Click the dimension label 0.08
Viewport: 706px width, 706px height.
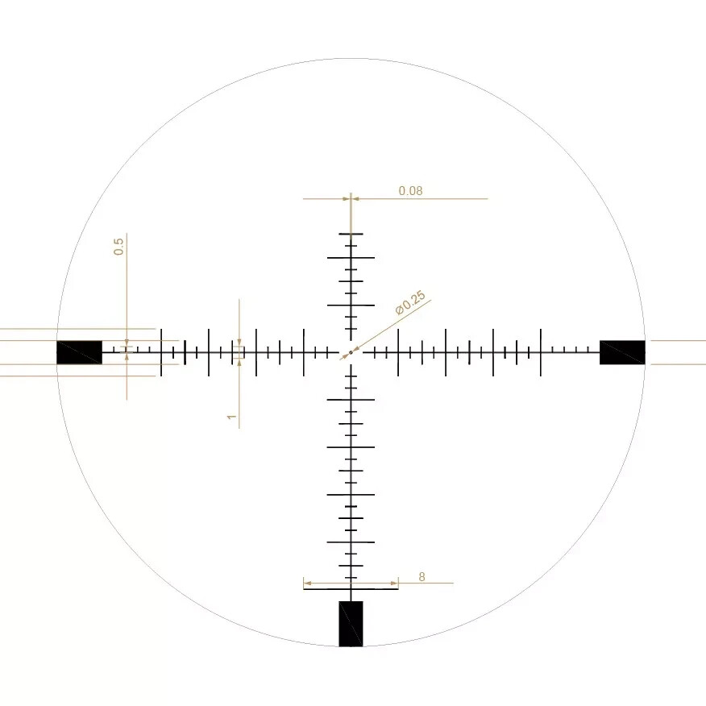[410, 191]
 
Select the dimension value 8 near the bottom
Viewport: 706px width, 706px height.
[422, 576]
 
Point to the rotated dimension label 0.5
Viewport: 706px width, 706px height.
[118, 247]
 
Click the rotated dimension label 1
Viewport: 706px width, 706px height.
[231, 417]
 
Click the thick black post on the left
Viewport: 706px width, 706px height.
[79, 352]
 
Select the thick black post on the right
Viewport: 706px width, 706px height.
[622, 352]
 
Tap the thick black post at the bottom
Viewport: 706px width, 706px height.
[351, 623]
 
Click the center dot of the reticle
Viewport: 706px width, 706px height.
[351, 352]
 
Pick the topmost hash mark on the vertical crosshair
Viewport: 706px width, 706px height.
[351, 234]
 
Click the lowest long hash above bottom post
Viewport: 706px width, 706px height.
[351, 589]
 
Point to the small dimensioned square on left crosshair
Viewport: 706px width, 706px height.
[239, 352]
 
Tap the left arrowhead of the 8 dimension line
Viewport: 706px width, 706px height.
[306, 583]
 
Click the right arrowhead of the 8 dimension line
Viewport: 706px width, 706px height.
[395, 583]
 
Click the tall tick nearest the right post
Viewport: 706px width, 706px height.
[541, 352]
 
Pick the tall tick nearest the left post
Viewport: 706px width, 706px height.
[161, 352]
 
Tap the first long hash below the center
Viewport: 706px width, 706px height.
[351, 399]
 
